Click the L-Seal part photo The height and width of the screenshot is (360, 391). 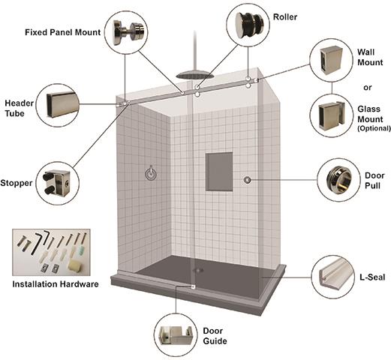[x=334, y=277]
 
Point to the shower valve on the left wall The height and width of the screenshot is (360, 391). [x=151, y=174]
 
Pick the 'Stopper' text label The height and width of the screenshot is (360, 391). [x=17, y=182]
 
